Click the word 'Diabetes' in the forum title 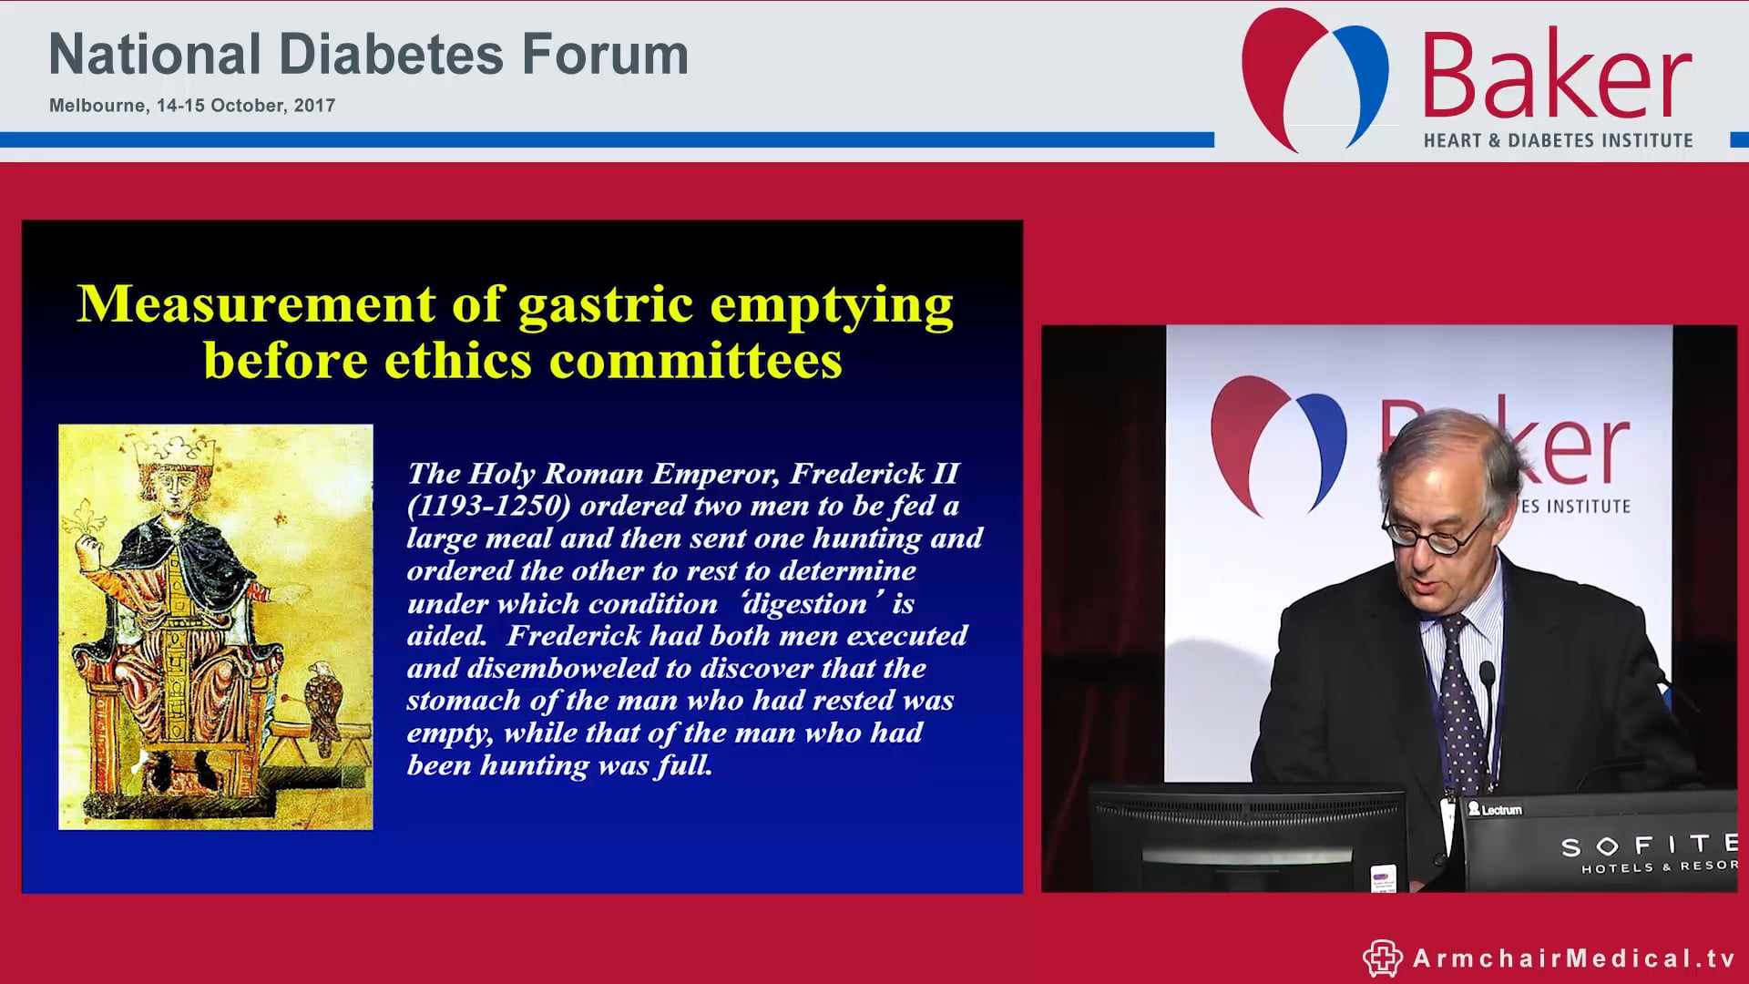pos(391,55)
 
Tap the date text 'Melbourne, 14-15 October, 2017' pos(192,106)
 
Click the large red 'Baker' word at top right pos(1556,77)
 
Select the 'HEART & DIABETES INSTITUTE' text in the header pos(1558,140)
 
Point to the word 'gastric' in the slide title pos(605,304)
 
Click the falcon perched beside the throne pos(323,702)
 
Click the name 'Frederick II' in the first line pos(874,474)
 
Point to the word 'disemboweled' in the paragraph pos(557,669)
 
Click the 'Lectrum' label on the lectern pos(1495,809)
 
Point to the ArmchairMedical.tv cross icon pos(1382,958)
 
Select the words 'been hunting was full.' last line pos(559,765)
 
